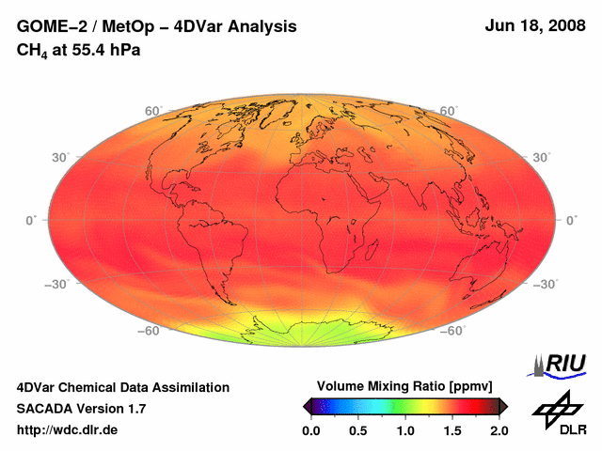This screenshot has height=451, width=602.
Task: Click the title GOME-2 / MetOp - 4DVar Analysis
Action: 157,27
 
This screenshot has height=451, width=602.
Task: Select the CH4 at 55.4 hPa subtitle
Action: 79,50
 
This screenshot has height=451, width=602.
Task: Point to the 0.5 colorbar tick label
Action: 358,430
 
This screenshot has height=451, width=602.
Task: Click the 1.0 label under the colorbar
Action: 405,430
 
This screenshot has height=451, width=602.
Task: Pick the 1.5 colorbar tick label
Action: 452,430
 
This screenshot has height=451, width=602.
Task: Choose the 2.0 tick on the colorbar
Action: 499,430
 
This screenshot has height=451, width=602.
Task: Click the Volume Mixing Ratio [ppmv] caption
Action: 404,386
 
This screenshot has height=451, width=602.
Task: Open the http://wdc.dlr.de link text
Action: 68,429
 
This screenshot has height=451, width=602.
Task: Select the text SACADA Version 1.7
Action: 81,409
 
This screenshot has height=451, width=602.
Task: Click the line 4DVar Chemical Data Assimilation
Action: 123,387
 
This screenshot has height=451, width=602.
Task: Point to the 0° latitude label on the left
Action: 29,220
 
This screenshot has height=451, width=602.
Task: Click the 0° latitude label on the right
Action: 573,220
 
